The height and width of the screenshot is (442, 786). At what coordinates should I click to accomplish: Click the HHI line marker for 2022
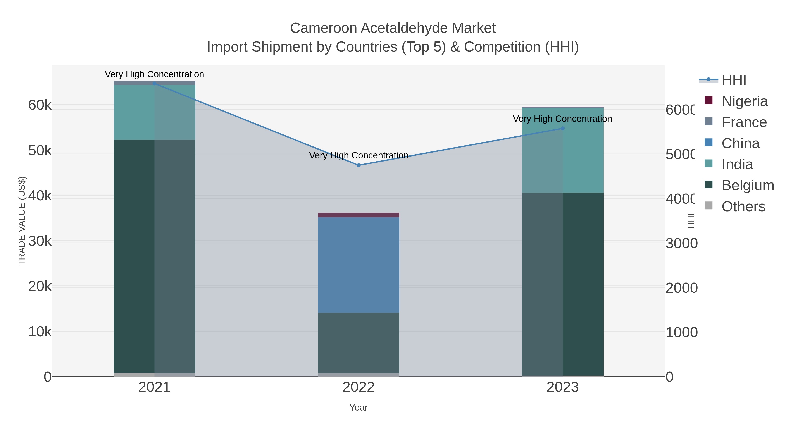coord(359,165)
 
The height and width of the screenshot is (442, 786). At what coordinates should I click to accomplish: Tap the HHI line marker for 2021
coord(154,83)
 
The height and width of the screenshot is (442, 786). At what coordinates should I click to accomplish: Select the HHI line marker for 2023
coord(563,128)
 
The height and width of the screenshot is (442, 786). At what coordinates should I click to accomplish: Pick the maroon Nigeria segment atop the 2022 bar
coord(359,215)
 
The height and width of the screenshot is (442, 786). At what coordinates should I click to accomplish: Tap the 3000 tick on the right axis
coord(681,243)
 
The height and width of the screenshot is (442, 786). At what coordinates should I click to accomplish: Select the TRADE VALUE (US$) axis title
coord(22,221)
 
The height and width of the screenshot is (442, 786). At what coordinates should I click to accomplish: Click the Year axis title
coord(359,407)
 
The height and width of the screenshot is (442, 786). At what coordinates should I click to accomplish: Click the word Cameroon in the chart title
coord(323,28)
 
